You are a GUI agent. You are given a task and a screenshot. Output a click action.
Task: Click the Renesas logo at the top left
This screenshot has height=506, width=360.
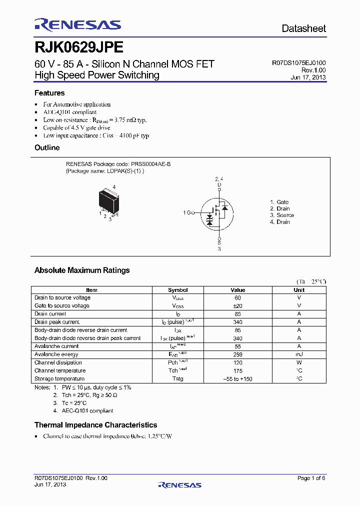(77, 25)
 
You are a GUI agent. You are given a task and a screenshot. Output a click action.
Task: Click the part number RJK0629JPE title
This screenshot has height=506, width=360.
(78, 47)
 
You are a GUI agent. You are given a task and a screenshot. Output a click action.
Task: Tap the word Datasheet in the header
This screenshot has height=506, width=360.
(303, 28)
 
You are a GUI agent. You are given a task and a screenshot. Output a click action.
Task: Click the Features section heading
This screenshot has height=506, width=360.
(49, 93)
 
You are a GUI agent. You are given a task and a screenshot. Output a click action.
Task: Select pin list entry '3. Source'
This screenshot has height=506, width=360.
(282, 215)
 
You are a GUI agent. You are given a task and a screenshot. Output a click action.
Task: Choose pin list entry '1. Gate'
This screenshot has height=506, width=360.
(279, 202)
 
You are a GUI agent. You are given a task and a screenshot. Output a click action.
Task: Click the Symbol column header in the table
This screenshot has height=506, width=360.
(177, 290)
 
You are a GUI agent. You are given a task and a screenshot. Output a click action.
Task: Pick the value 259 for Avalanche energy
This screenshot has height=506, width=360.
(238, 354)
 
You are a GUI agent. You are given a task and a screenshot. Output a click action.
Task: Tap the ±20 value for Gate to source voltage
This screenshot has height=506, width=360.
(238, 305)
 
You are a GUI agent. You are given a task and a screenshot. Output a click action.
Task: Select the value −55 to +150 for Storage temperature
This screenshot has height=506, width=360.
(238, 379)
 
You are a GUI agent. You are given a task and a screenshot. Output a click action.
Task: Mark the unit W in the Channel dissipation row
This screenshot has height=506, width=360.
(299, 362)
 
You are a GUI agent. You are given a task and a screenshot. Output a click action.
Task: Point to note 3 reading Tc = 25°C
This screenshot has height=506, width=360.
(70, 403)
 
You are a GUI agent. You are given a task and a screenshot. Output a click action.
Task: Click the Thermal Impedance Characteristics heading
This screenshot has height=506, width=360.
(95, 425)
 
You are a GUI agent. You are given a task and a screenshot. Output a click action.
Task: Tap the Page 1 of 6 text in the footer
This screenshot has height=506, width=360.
(311, 478)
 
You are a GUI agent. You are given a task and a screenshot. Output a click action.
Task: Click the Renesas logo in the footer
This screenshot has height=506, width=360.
(179, 484)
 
